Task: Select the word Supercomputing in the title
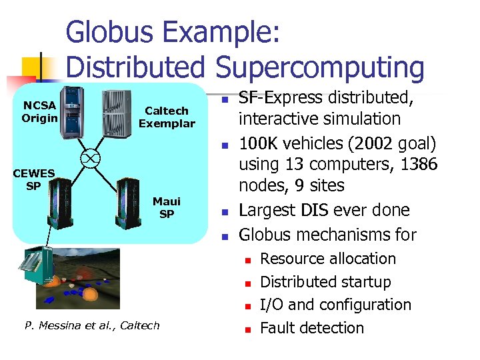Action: pyautogui.click(x=319, y=68)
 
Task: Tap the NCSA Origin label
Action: pyautogui.click(x=39, y=112)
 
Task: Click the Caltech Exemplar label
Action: pyautogui.click(x=167, y=117)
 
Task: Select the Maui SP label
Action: pyautogui.click(x=167, y=207)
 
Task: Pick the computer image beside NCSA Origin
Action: pyautogui.click(x=75, y=113)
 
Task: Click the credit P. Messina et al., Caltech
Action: pyautogui.click(x=92, y=325)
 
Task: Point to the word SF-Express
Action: pyautogui.click(x=281, y=97)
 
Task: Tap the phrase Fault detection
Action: pyautogui.click(x=311, y=328)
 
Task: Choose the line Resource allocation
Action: pyautogui.click(x=327, y=259)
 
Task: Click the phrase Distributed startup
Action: pyautogui.click(x=325, y=282)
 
